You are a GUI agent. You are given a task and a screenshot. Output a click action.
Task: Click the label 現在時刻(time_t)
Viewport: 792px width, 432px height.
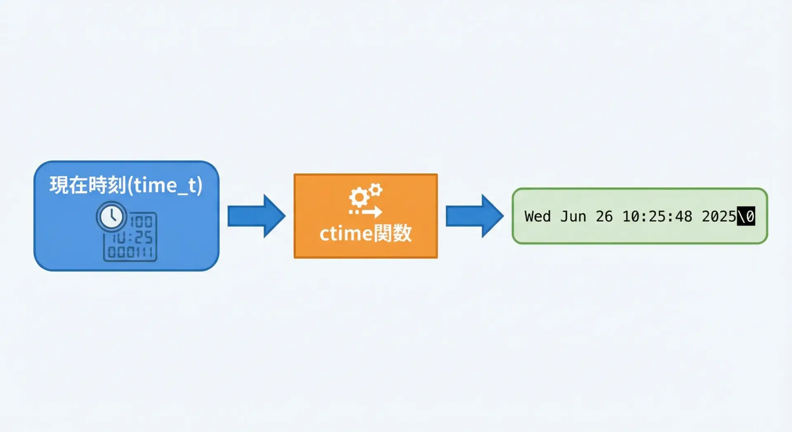click(126, 185)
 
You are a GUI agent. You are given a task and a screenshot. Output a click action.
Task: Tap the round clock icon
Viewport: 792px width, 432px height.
click(111, 216)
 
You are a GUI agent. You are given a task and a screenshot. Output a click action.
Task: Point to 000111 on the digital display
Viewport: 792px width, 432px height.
click(130, 252)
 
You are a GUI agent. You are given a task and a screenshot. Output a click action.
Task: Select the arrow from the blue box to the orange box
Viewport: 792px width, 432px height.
click(257, 216)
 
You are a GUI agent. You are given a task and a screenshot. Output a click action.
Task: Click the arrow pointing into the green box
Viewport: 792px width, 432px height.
click(475, 216)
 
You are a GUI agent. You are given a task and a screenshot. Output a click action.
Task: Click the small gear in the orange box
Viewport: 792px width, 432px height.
click(376, 190)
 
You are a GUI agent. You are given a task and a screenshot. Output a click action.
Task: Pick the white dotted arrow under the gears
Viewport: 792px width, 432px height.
click(365, 212)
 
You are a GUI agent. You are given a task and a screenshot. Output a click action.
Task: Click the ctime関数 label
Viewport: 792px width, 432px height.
click(365, 234)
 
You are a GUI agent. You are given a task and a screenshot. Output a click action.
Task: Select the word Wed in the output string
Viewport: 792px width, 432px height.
click(537, 216)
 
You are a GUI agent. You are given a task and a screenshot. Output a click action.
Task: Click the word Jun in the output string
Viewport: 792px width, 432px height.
click(573, 216)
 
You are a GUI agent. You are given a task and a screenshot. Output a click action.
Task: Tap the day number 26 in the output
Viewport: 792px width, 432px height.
click(604, 216)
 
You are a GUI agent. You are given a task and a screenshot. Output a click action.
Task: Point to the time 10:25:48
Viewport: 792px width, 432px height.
click(657, 216)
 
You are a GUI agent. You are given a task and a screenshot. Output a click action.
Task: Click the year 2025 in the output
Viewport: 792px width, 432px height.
click(719, 216)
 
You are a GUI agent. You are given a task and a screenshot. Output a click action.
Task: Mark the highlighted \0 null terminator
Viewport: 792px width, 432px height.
click(746, 216)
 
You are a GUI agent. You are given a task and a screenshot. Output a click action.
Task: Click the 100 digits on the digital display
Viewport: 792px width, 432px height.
click(141, 222)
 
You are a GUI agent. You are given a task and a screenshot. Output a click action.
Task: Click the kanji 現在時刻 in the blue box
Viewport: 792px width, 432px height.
click(88, 185)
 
